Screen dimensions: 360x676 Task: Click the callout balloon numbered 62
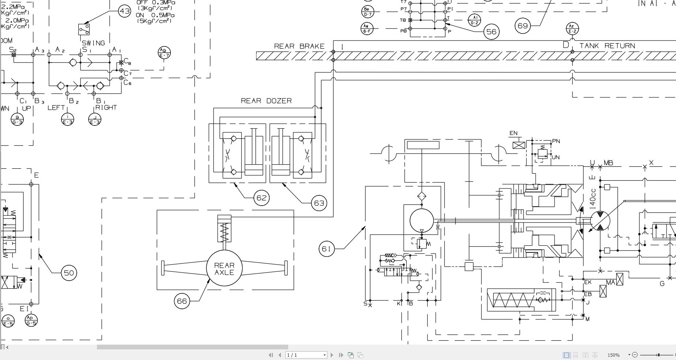tap(261, 198)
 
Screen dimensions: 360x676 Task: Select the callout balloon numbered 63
tap(319, 203)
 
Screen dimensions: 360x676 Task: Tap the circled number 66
tap(182, 301)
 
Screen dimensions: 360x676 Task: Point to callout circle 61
tap(326, 249)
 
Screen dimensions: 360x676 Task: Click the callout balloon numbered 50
tap(69, 273)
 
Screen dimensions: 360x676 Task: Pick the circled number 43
tap(125, 11)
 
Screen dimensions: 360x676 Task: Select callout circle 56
tap(491, 32)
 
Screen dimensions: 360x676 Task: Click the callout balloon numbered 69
tap(523, 26)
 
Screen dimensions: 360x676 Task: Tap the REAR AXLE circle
tap(224, 269)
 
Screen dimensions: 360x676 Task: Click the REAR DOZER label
tap(266, 101)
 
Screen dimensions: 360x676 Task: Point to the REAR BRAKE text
tap(299, 46)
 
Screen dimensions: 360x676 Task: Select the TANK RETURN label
tap(607, 46)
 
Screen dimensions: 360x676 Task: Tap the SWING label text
tap(93, 43)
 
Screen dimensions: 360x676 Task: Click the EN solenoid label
tap(514, 133)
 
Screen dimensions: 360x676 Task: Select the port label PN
tap(556, 141)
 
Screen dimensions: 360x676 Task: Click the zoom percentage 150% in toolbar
tap(613, 355)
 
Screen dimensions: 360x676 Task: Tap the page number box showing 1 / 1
tap(306, 355)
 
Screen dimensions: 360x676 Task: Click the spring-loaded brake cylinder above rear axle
tap(224, 229)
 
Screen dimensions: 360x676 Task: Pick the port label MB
tap(608, 163)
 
